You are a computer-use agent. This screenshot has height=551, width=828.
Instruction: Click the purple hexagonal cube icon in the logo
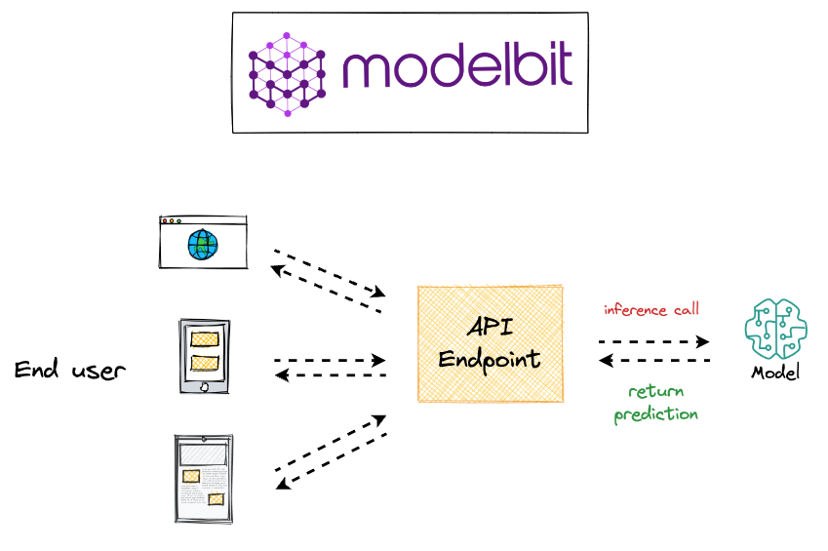[287, 74]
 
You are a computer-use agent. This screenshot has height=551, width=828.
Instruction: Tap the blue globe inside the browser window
[203, 244]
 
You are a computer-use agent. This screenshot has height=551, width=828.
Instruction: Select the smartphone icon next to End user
[205, 357]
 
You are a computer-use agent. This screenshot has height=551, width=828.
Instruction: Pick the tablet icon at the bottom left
[204, 479]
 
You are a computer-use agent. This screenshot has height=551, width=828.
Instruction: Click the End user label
[69, 370]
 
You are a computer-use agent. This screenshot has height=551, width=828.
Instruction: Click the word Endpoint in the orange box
[489, 359]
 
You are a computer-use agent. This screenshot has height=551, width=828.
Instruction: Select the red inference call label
[651, 310]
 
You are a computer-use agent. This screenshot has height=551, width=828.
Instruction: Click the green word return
[655, 391]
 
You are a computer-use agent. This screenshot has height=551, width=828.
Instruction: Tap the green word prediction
[655, 413]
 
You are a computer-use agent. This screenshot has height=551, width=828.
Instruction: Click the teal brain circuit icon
[775, 329]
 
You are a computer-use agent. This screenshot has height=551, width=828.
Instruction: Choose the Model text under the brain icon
[775, 373]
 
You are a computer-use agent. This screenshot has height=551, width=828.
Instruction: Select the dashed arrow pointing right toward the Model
[653, 342]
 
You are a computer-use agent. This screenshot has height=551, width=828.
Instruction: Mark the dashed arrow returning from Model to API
[653, 361]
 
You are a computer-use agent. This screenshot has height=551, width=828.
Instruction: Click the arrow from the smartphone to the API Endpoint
[330, 360]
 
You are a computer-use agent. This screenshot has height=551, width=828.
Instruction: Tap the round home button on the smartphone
[204, 387]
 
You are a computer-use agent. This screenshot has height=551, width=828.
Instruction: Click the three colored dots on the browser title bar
[173, 221]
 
